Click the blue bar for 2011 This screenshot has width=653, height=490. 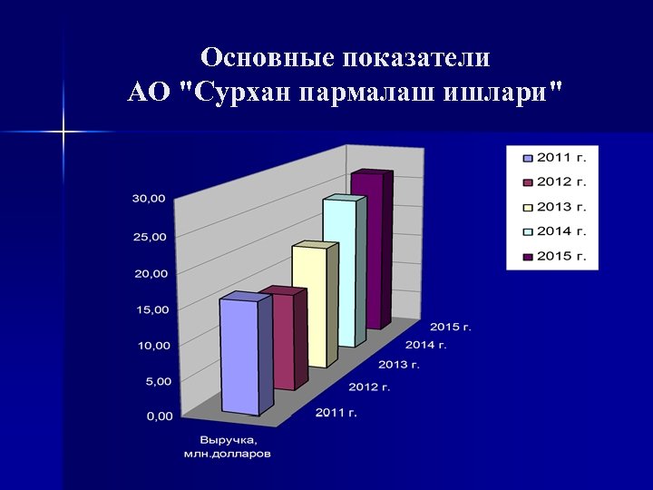click(239, 356)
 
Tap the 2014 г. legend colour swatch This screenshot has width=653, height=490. click(528, 231)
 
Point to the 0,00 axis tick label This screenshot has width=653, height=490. click(158, 416)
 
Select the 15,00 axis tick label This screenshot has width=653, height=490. click(152, 309)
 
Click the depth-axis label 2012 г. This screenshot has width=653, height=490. click(369, 387)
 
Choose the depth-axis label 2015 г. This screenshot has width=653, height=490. click(451, 326)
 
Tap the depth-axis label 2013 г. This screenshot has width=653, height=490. click(399, 365)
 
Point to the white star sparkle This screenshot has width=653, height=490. click(63, 132)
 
